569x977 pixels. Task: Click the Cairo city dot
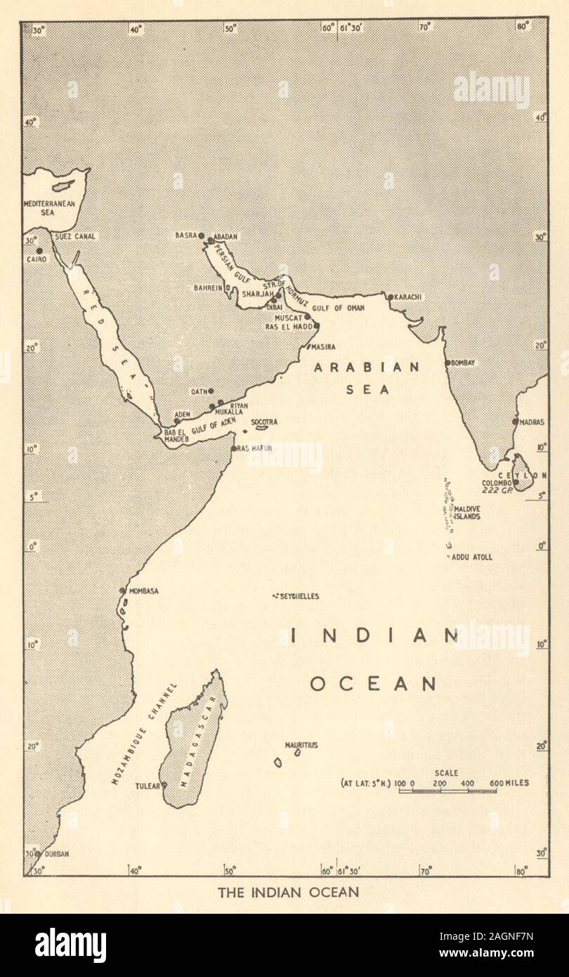(x=39, y=251)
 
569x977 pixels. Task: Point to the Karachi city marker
(x=391, y=297)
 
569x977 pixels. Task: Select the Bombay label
(x=464, y=363)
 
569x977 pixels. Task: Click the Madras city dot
(x=515, y=422)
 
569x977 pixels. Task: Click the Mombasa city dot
(x=123, y=591)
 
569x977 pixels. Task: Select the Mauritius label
(x=301, y=744)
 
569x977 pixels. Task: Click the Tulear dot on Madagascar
(x=164, y=785)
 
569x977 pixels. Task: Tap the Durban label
(x=58, y=854)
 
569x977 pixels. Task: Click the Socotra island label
(x=265, y=422)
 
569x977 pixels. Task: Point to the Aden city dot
(x=176, y=421)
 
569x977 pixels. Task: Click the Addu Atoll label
(x=473, y=557)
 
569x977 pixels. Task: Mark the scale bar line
(x=447, y=791)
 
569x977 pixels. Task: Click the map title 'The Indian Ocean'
(x=288, y=893)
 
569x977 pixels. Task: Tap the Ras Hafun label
(x=254, y=447)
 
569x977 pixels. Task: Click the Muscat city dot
(x=307, y=317)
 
